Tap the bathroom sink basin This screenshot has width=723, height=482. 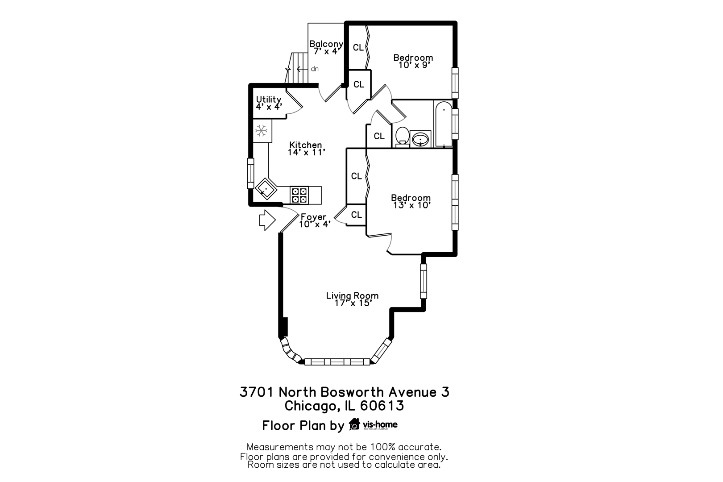point(420,139)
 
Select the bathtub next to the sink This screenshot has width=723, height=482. point(443,124)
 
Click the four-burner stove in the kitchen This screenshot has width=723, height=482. point(299,195)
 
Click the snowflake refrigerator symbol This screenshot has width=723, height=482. point(261,131)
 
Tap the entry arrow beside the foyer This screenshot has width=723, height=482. point(267,220)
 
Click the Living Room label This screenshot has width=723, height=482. point(352,295)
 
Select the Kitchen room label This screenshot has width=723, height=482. point(306,145)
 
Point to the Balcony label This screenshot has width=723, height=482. point(326,44)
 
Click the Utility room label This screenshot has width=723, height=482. point(269,99)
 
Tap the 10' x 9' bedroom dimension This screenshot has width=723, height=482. point(413,65)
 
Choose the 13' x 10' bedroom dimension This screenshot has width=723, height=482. point(411,205)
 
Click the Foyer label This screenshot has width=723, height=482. point(313,217)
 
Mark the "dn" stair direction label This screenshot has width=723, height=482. point(315,69)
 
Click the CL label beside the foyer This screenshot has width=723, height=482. point(356,215)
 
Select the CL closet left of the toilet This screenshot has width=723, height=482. point(379,136)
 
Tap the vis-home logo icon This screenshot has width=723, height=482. point(355,424)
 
